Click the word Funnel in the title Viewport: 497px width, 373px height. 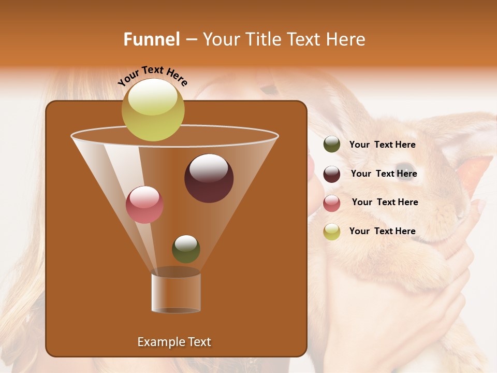tap(152, 39)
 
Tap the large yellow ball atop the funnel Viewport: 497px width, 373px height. tap(153, 110)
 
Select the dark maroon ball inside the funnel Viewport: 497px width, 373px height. tap(209, 178)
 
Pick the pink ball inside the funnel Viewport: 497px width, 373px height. tap(144, 205)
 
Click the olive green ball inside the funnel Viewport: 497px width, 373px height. tap(186, 249)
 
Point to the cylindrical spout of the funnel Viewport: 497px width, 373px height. tap(176, 293)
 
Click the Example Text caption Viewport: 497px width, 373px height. tap(174, 342)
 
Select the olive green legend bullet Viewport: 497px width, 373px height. tap(332, 145)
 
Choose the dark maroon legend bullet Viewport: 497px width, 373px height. tap(332, 174)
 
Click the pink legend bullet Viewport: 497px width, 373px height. tap(332, 203)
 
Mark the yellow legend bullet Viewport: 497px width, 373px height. tap(332, 232)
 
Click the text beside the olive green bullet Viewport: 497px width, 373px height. tap(382, 145)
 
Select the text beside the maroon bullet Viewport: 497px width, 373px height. tap(384, 174)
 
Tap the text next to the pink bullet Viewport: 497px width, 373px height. tap(385, 203)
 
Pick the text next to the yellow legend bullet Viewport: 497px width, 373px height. tap(382, 232)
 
